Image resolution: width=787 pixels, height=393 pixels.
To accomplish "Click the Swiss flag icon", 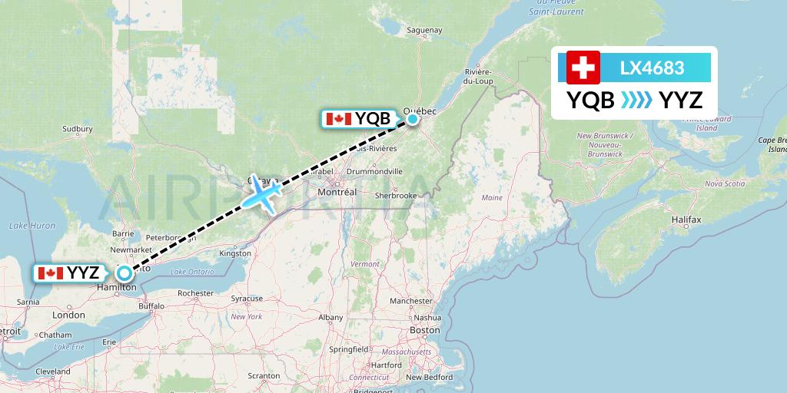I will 583,68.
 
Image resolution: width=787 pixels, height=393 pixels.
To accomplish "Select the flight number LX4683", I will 652,68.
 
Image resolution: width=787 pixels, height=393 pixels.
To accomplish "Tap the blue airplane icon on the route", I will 262,193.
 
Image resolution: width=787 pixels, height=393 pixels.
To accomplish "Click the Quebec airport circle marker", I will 413,118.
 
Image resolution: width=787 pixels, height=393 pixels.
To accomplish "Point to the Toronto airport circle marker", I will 123,272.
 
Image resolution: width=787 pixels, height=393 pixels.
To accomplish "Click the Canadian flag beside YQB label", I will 339,119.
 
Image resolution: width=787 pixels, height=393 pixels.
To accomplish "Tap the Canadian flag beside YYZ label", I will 50,272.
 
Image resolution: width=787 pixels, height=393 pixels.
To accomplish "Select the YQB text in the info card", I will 590,100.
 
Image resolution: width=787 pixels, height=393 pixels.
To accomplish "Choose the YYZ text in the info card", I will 682,100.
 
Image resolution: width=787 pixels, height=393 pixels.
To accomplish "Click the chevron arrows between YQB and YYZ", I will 636,100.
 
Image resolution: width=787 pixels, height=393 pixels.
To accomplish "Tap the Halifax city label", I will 686,220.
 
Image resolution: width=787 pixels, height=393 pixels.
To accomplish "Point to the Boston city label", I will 425,330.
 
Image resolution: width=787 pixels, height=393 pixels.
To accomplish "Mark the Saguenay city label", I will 424,30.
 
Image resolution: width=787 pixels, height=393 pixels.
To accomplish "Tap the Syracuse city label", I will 247,298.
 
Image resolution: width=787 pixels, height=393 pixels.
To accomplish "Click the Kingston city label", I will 234,253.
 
